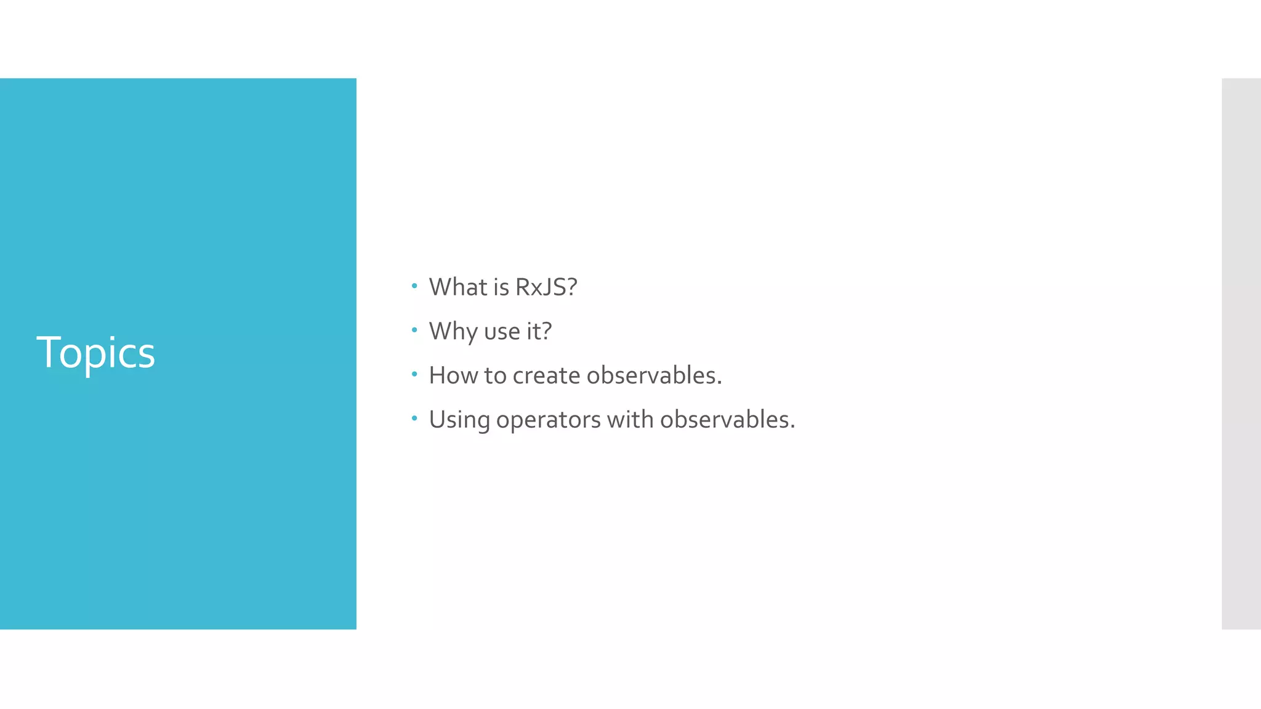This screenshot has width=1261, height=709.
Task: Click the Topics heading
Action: pos(95,353)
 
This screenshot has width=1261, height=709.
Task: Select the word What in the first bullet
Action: pos(458,287)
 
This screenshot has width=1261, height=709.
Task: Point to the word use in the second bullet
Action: pos(502,332)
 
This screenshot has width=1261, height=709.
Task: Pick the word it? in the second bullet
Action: pos(539,332)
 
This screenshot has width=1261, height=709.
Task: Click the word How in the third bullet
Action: pos(453,375)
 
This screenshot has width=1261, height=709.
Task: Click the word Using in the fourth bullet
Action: pos(459,420)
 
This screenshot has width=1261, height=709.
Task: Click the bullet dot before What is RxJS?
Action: pos(414,286)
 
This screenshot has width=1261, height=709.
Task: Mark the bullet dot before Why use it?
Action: pos(414,330)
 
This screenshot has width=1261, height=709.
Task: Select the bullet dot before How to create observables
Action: pos(414,374)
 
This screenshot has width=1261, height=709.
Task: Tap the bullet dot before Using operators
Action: pos(414,419)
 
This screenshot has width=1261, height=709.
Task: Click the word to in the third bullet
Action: pos(495,375)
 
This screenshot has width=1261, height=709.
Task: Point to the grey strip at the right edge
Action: pos(1241,353)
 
